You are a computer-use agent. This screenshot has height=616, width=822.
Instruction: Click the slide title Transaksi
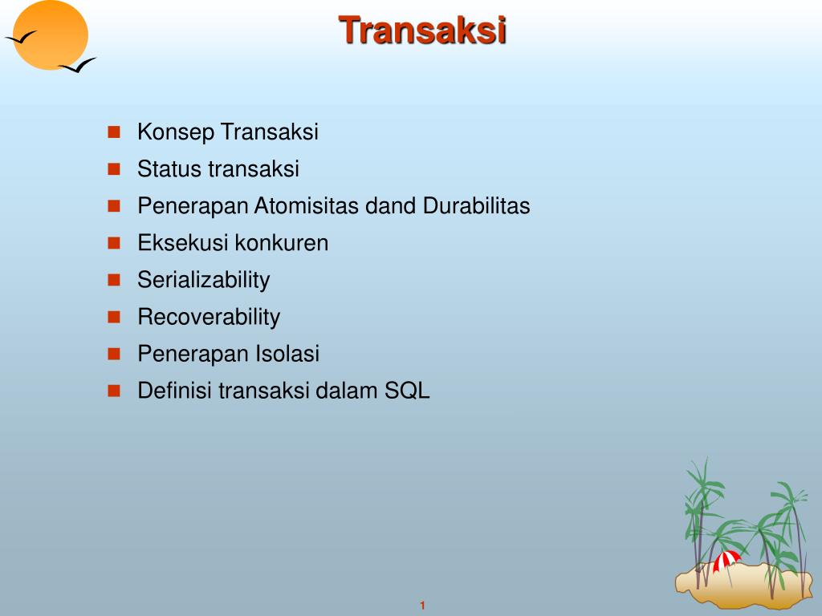click(422, 30)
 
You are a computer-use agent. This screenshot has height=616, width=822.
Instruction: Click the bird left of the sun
click(21, 37)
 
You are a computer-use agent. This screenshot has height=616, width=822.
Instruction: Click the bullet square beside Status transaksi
click(114, 168)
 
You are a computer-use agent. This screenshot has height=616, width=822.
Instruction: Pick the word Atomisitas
click(307, 206)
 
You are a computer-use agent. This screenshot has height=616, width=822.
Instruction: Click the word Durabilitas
click(477, 206)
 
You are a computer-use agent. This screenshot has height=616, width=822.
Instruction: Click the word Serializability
click(203, 280)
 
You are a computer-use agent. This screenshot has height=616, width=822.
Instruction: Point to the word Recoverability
click(209, 317)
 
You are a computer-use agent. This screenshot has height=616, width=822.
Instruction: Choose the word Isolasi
click(287, 354)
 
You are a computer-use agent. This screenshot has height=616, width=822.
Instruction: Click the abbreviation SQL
click(407, 391)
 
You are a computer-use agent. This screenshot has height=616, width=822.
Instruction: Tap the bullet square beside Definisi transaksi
click(114, 390)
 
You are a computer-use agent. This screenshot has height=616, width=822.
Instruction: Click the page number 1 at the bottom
click(421, 606)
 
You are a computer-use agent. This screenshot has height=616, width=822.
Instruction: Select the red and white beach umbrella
click(727, 560)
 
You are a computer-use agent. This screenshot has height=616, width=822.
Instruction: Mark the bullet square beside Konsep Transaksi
click(114, 132)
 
